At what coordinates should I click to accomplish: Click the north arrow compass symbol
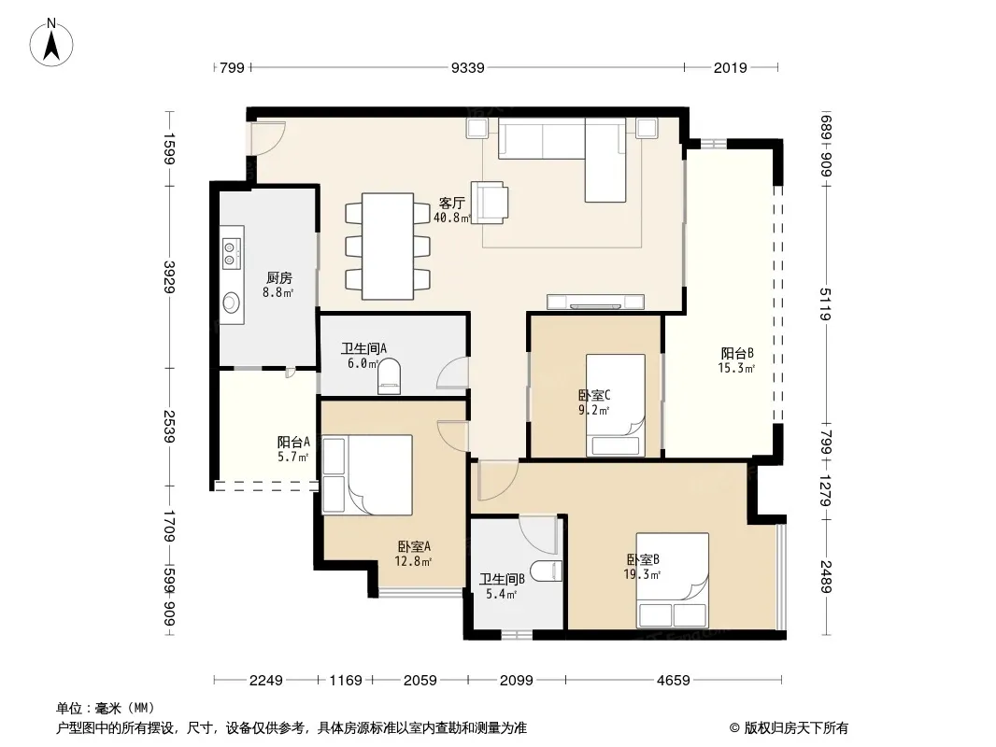(x=51, y=43)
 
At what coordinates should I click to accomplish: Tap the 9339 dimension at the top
(x=467, y=68)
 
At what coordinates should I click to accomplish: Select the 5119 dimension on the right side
(x=825, y=304)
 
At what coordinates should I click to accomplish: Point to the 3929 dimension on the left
(x=170, y=276)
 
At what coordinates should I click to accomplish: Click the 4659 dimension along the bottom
(x=674, y=681)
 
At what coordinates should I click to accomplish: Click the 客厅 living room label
(x=451, y=204)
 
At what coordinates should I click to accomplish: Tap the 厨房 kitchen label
(x=278, y=277)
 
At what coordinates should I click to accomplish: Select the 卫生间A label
(x=363, y=348)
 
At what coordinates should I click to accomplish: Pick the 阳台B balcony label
(x=737, y=354)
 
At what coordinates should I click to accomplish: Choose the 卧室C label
(x=594, y=395)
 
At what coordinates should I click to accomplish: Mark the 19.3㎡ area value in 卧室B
(x=642, y=574)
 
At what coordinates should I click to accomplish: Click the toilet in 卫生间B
(x=547, y=571)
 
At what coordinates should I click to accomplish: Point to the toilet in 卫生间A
(x=390, y=377)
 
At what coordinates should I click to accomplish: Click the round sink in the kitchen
(x=232, y=303)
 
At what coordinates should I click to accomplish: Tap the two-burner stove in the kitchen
(x=232, y=252)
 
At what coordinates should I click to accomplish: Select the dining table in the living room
(x=388, y=247)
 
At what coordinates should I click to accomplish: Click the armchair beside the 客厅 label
(x=489, y=203)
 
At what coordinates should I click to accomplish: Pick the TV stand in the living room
(x=595, y=303)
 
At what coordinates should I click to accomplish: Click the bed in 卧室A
(x=367, y=474)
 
